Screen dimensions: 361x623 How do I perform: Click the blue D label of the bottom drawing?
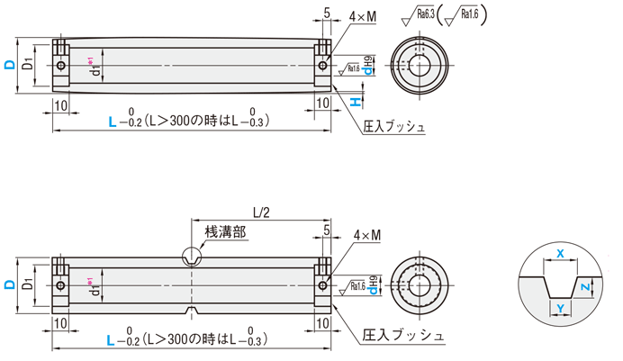point(8,285)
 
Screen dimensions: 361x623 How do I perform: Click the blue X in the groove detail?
point(560,255)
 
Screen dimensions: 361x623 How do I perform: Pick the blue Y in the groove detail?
point(560,309)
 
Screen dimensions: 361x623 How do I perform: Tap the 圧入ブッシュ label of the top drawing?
point(394,128)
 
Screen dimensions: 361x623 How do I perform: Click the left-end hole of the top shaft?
point(60,65)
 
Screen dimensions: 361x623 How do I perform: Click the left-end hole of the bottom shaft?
point(60,285)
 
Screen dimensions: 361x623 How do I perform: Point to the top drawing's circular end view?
point(420,65)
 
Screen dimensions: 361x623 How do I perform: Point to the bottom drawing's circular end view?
point(420,285)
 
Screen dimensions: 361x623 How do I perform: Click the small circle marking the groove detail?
point(193,256)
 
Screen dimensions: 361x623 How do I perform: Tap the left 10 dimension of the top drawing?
point(60,104)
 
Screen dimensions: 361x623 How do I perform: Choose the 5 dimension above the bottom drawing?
point(325,231)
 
